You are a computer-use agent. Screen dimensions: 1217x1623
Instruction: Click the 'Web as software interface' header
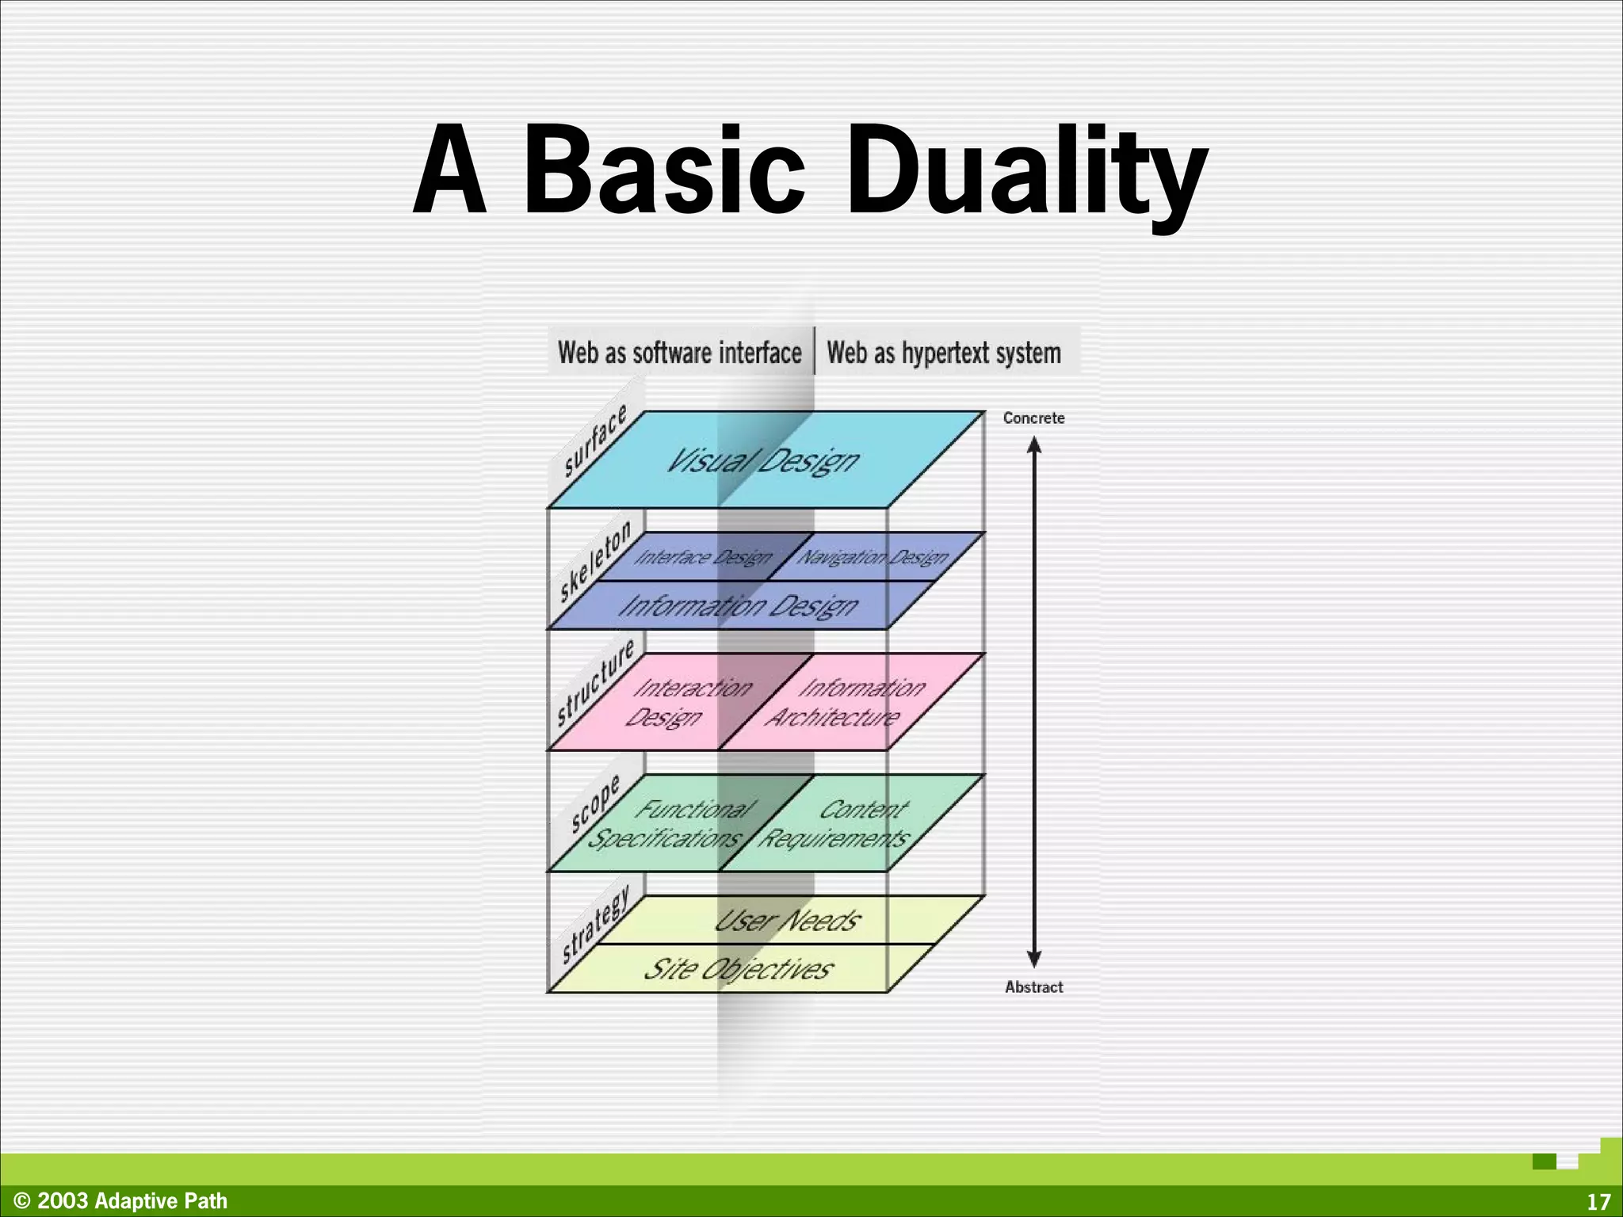680,353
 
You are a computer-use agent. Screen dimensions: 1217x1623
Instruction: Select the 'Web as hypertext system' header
944,353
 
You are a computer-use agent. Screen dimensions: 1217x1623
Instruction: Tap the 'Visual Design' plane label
762,460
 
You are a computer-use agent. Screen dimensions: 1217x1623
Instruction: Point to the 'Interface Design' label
703,558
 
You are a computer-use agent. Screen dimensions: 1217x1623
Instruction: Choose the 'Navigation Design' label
873,558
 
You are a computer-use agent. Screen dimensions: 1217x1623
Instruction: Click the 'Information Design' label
738,606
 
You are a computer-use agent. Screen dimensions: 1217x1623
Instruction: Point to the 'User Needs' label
787,921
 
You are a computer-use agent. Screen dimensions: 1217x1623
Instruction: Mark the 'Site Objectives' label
738,969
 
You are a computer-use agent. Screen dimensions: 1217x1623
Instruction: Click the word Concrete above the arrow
1033,418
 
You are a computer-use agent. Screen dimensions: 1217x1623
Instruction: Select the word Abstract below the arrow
1033,987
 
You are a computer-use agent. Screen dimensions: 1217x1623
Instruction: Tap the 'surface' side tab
594,440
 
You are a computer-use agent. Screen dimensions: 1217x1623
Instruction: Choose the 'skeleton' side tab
595,560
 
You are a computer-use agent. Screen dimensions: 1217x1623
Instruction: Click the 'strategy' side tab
595,924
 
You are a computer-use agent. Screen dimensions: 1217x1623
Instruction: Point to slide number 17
1598,1202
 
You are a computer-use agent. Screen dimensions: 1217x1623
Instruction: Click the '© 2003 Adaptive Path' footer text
121,1201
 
